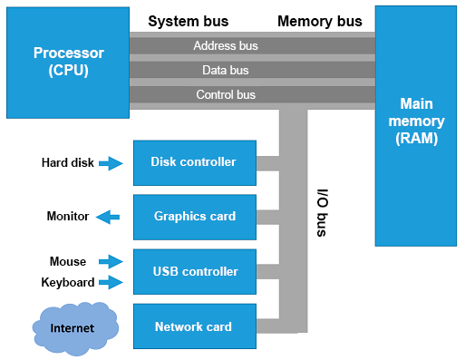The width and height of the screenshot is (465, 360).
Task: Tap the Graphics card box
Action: coord(195,217)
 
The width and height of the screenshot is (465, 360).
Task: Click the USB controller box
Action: coord(195,271)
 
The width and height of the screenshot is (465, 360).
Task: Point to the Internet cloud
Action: coord(73,326)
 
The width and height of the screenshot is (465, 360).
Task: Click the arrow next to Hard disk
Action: coord(111,163)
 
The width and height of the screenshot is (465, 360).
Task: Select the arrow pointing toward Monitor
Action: coord(109,217)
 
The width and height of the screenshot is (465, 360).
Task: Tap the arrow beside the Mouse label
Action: coord(111,261)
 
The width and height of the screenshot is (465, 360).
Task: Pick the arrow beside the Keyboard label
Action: coord(111,283)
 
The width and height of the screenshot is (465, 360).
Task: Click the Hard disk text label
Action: coord(67,163)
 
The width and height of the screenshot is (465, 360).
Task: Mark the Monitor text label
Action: coord(68,217)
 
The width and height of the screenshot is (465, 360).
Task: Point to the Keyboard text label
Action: coord(68,283)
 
